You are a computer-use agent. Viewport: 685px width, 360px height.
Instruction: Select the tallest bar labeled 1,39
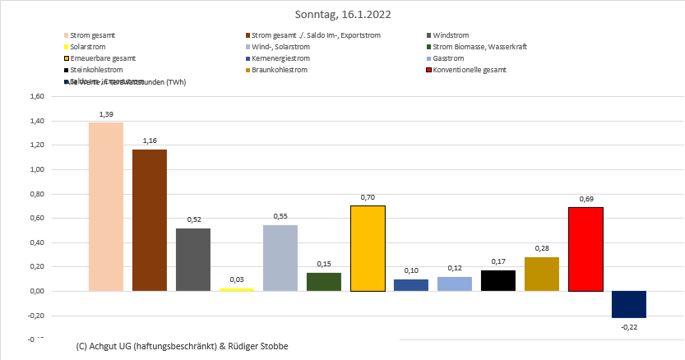click(x=106, y=206)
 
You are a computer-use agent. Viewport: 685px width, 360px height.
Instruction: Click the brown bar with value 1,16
click(x=150, y=220)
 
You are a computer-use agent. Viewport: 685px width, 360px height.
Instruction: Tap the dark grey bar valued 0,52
click(x=193, y=259)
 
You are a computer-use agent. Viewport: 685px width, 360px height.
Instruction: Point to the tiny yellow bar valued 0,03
click(x=237, y=289)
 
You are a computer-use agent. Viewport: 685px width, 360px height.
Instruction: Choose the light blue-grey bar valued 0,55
click(x=280, y=257)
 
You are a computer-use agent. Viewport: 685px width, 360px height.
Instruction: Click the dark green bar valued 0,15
click(x=324, y=281)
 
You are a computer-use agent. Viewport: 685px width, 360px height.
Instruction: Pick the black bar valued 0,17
click(x=498, y=280)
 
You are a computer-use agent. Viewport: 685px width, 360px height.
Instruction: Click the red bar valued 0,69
click(x=585, y=249)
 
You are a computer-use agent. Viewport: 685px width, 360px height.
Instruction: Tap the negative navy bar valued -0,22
click(x=629, y=304)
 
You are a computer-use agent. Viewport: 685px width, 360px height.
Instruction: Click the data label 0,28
click(x=542, y=248)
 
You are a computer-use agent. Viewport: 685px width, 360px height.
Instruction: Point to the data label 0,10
click(x=411, y=270)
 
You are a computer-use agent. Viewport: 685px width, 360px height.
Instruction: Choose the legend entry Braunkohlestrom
click(x=280, y=70)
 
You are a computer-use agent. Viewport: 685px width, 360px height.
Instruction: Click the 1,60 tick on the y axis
click(x=36, y=96)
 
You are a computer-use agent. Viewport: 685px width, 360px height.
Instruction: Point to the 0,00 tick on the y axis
click(x=36, y=291)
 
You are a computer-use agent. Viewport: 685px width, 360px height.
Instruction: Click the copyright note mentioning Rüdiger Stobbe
click(x=181, y=346)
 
